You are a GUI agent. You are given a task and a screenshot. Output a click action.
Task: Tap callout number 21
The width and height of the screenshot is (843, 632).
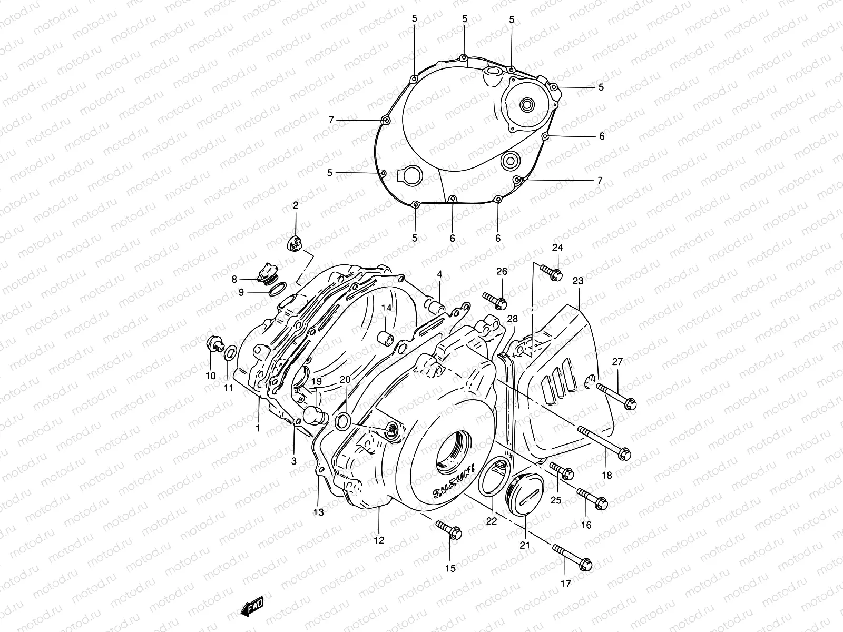coord(525,546)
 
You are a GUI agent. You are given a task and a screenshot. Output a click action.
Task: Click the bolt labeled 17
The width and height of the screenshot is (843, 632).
coord(572,558)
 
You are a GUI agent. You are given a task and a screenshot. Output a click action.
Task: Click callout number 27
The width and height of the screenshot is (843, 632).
coord(617,362)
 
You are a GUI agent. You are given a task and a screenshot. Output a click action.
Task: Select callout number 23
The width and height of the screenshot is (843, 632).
coord(578,281)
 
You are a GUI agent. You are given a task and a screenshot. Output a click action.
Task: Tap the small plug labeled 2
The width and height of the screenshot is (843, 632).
coord(296,243)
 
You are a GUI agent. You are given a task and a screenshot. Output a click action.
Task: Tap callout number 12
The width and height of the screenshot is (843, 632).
coord(379,540)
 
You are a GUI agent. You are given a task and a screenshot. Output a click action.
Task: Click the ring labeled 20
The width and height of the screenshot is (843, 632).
coord(343,421)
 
